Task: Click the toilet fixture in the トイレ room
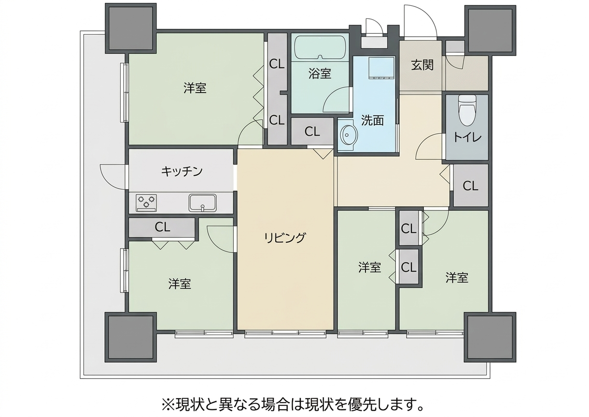tap(467, 111)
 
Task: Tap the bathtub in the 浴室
tap(320, 48)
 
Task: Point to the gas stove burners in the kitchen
tap(146, 202)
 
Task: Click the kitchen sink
tap(202, 203)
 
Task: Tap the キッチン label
tap(182, 171)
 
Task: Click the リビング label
tap(285, 238)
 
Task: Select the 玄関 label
tap(422, 65)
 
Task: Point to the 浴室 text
tap(320, 73)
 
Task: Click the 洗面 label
tap(372, 120)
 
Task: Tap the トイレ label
tap(467, 137)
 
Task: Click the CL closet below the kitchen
tap(162, 227)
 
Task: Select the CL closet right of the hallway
tap(471, 186)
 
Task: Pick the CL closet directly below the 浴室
tap(312, 131)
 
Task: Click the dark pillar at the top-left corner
tap(131, 28)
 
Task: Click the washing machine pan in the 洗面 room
tap(381, 68)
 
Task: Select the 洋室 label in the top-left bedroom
tap(195, 88)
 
